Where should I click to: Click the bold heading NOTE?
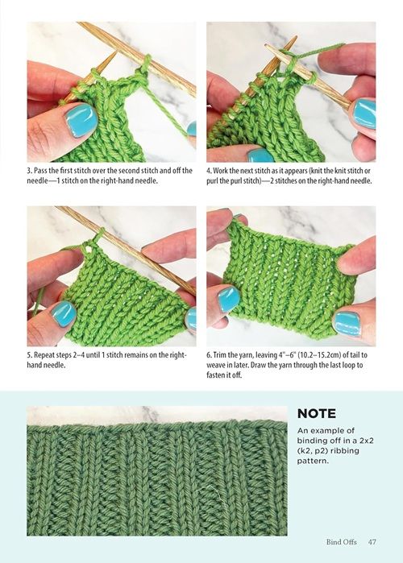pos(317,414)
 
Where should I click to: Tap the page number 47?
pos(372,542)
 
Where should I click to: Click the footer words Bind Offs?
pos(341,542)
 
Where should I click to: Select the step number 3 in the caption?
pos(29,171)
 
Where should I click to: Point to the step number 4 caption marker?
pos(208,171)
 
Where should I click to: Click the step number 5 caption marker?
pos(29,355)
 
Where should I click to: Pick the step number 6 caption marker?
pos(208,355)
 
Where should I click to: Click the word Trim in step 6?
pos(219,355)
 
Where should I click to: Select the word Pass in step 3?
pos(39,171)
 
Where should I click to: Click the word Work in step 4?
pos(220,171)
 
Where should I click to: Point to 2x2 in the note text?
pos(365,441)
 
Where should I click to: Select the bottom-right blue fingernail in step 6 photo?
pos(347,323)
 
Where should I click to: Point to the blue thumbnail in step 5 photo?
pos(64,313)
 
